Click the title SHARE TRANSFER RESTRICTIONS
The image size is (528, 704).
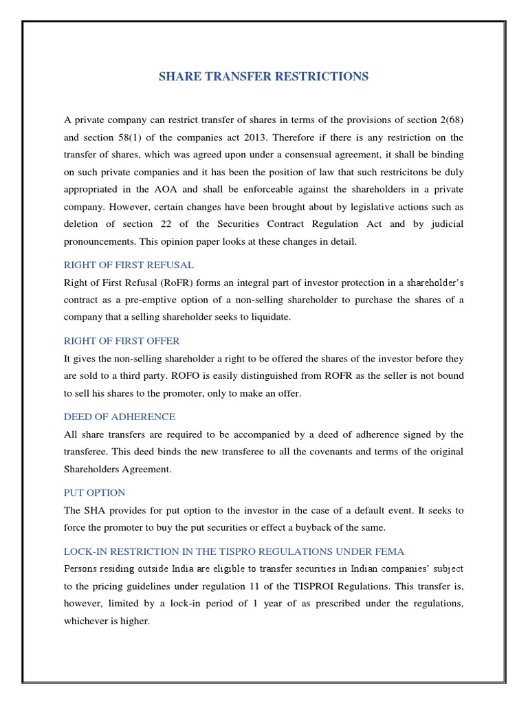[263, 76]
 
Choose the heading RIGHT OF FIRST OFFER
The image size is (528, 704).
[122, 340]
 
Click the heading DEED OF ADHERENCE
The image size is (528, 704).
[120, 417]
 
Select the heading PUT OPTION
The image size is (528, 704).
[94, 493]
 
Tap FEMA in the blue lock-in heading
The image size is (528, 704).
[389, 551]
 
